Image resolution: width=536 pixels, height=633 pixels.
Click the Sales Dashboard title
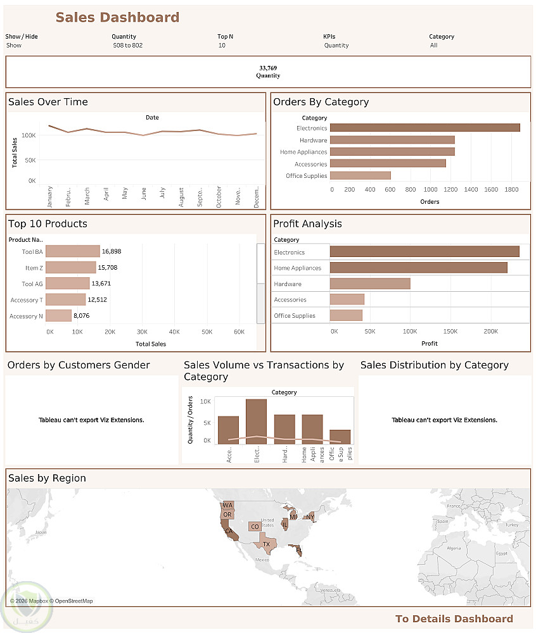click(117, 18)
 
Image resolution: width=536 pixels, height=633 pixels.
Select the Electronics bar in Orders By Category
click(424, 128)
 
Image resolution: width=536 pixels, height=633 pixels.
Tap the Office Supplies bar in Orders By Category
click(360, 176)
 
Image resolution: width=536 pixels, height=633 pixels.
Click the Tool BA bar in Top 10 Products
click(72, 251)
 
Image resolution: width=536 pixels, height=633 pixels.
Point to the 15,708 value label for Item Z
click(107, 268)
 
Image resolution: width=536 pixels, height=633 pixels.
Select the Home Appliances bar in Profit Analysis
click(418, 268)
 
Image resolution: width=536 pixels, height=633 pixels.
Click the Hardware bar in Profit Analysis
click(370, 284)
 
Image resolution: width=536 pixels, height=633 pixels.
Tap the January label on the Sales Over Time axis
click(49, 196)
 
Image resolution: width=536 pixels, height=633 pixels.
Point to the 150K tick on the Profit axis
click(450, 331)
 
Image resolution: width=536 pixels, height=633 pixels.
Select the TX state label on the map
click(267, 544)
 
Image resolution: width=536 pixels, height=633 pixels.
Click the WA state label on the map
click(227, 505)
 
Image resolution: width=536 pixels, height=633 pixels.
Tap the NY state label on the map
click(310, 517)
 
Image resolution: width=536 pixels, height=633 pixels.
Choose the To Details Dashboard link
click(454, 619)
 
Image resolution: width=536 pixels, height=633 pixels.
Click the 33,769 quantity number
click(268, 68)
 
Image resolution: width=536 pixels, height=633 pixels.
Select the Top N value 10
click(222, 46)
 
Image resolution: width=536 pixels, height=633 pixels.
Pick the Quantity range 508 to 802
click(128, 46)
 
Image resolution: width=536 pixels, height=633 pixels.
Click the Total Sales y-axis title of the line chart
click(15, 152)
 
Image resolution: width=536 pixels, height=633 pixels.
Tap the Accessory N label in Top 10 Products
click(27, 316)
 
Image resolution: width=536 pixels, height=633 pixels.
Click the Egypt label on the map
click(502, 553)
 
